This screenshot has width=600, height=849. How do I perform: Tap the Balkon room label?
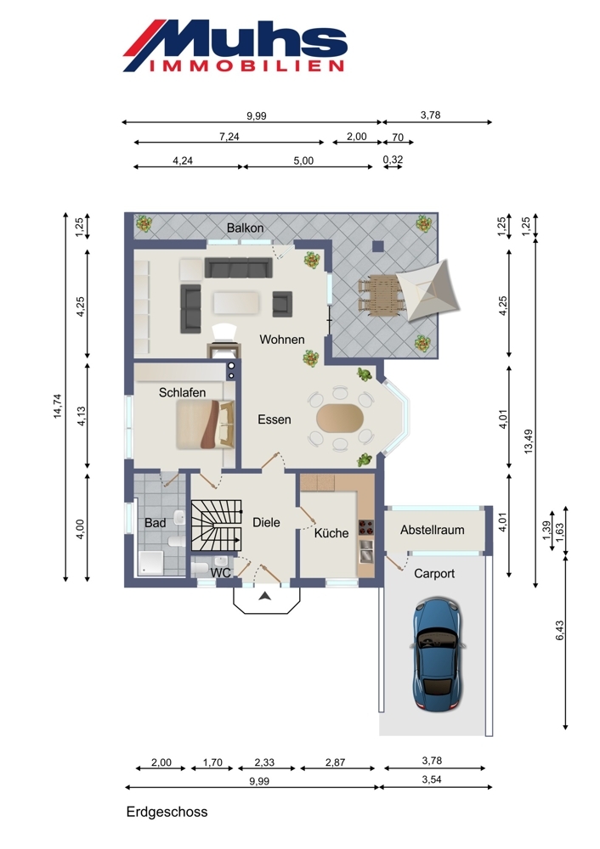(245, 228)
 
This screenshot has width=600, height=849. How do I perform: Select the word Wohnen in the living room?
(282, 340)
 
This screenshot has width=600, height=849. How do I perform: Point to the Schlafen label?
(182, 392)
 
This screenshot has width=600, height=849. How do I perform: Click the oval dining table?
(341, 418)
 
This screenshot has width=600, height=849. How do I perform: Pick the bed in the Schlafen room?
(206, 424)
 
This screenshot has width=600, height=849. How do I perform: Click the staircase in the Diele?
(216, 526)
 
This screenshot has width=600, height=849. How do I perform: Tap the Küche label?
(331, 533)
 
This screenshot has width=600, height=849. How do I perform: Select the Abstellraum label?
(432, 530)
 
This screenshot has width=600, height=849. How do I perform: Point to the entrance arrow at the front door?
(264, 596)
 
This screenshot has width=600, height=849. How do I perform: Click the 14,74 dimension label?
(58, 406)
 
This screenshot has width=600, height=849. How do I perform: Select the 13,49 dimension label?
(529, 441)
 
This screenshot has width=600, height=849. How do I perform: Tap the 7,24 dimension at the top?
(229, 137)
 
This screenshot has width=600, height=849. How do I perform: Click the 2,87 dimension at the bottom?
(335, 762)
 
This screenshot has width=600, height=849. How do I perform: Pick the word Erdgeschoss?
(167, 812)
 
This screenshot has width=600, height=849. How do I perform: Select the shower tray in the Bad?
(150, 563)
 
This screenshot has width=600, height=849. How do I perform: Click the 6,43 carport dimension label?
(559, 630)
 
